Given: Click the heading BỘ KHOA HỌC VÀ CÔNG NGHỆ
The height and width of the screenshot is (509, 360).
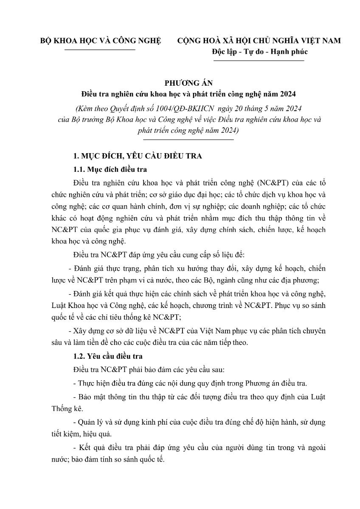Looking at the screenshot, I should click(101, 41).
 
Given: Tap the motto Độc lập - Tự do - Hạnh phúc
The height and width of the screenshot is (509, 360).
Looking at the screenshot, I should click(259, 52).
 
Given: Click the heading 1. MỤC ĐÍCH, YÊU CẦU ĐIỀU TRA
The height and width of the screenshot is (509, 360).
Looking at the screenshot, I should click(137, 156).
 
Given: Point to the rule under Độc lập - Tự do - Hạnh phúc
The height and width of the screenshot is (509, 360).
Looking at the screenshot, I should click(259, 61).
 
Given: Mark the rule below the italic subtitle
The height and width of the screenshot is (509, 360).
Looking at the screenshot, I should click(188, 139).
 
